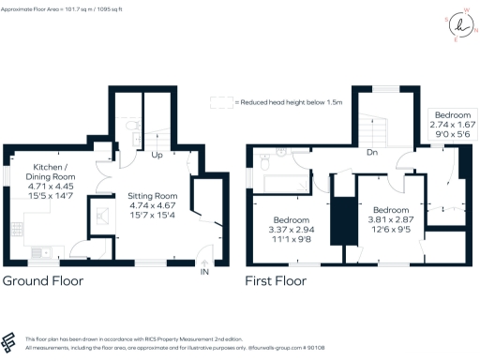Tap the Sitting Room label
pos(152,197)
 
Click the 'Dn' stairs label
pos(371,151)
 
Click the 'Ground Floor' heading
pos(42,280)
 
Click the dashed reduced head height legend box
pos(221,102)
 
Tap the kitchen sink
pos(40,251)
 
